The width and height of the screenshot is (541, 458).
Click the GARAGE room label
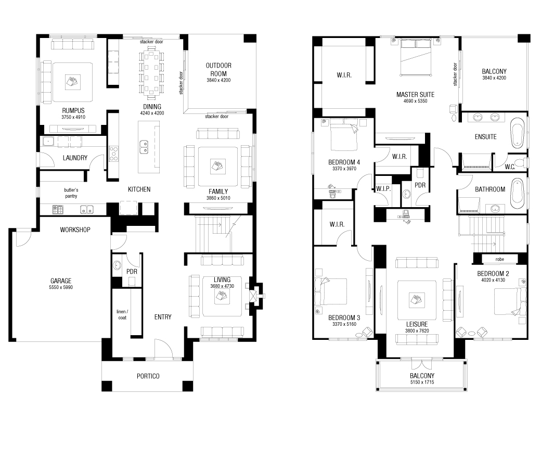point(61,280)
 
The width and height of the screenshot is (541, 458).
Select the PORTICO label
point(148,376)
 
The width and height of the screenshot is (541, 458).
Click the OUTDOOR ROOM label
point(218,69)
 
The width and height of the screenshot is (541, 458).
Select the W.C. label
point(510,167)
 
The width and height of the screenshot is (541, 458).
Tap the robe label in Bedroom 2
point(499,259)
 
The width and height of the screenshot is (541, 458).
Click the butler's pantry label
point(71,193)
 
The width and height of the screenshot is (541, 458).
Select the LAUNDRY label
point(75,158)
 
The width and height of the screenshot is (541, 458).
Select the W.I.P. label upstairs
point(383,188)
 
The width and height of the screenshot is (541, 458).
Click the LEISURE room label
point(417,324)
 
